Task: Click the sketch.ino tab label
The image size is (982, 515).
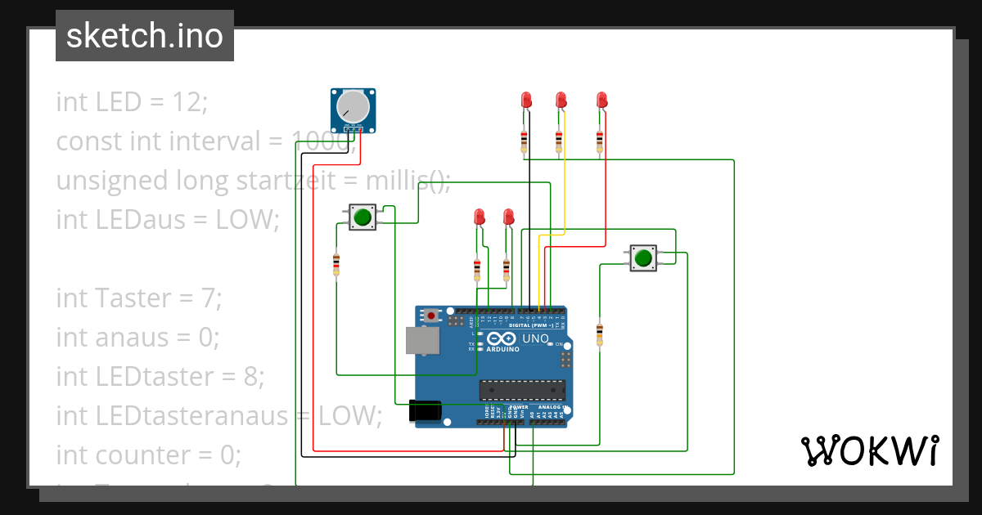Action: coord(144,36)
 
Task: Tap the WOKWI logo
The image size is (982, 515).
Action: coord(869,450)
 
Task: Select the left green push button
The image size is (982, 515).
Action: coord(363,217)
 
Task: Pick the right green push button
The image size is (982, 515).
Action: coord(642,258)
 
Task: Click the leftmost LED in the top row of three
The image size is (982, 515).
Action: coord(526,101)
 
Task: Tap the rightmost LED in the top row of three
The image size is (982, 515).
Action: coord(601,101)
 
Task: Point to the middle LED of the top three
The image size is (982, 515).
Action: coord(561,101)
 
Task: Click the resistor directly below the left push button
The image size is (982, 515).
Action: coord(336,264)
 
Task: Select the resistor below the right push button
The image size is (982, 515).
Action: coord(600,334)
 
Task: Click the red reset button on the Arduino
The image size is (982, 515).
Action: coord(431,315)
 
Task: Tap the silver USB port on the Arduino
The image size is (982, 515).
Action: coord(422,341)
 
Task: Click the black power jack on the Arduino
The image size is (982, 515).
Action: coord(425,410)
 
